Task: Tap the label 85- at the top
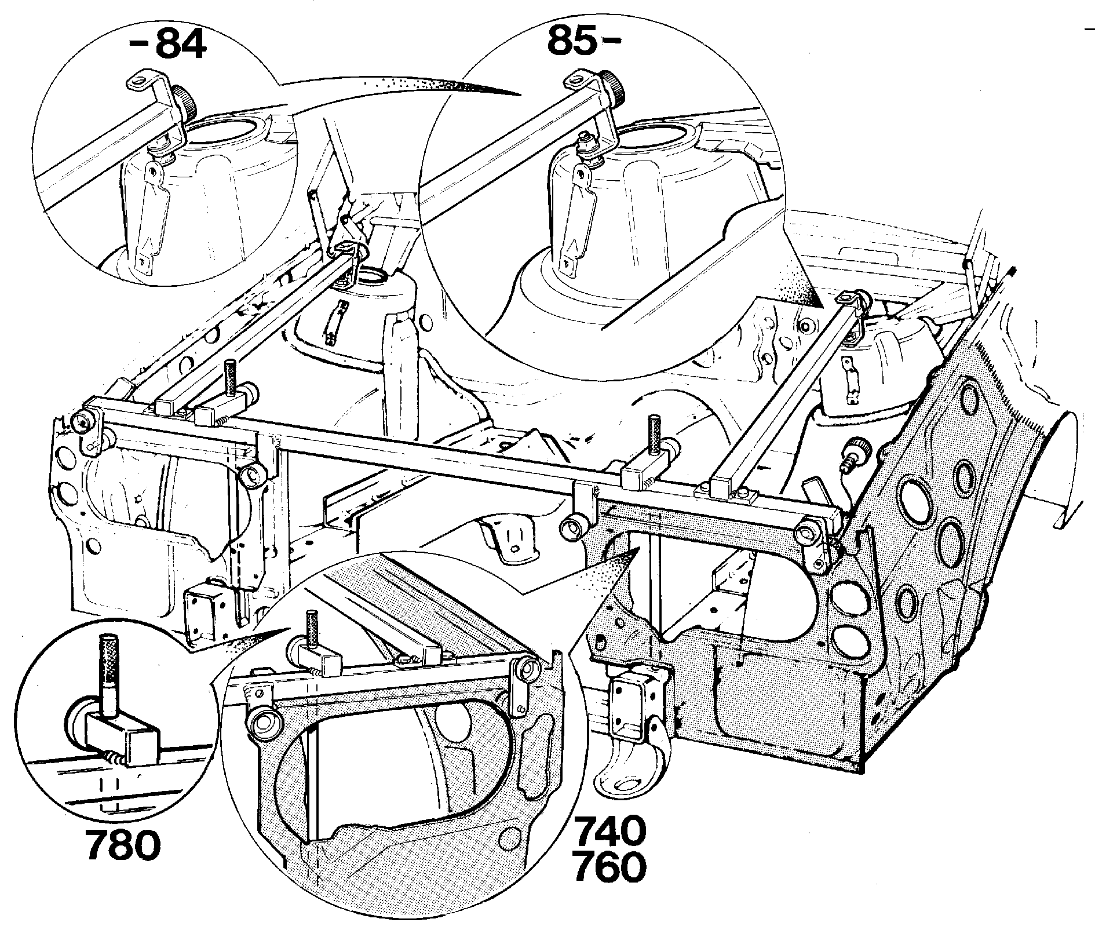[585, 38]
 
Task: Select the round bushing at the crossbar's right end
[807, 531]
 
